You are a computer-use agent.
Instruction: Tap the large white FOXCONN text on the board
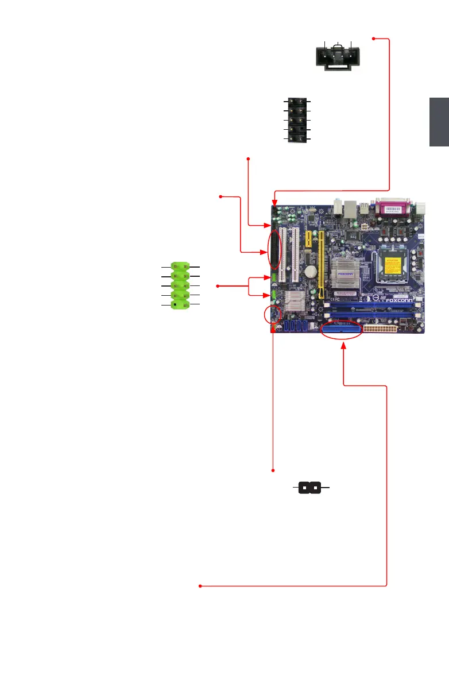point(400,299)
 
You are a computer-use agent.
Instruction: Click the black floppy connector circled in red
point(276,250)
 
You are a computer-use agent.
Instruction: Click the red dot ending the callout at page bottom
point(200,586)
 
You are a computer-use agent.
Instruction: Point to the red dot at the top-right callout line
point(374,39)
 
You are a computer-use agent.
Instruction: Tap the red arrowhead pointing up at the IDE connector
point(343,345)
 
